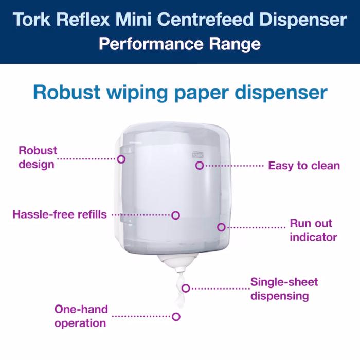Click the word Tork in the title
point(32,20)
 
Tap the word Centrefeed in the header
point(206,20)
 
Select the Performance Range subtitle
point(180,44)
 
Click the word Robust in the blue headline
point(67,92)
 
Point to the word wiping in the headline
point(137,93)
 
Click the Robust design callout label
point(38,157)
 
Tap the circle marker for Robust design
point(121,159)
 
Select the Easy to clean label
point(304,166)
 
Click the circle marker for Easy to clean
point(200,165)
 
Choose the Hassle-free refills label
point(60,214)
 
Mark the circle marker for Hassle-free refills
point(176,215)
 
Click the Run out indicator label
point(313,230)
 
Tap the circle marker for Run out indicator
point(221,227)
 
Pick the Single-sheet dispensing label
point(284,289)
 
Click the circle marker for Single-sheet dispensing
point(186,288)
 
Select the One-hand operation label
point(81,316)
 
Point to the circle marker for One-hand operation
point(176,317)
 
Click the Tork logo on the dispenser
point(197,155)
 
